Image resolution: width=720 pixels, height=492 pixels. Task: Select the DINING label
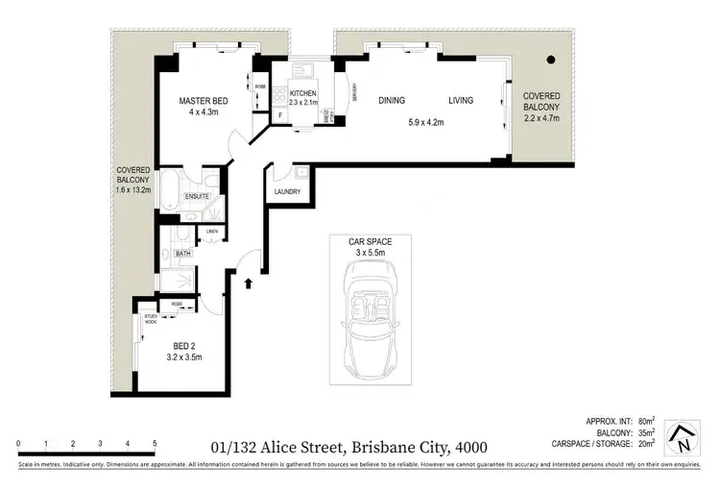click(391, 100)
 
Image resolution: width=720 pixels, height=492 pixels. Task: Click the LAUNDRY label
click(286, 192)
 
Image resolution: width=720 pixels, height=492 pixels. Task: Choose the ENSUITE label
click(199, 196)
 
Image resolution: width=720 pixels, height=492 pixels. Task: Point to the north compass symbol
click(681, 438)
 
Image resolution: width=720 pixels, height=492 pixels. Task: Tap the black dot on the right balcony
click(551, 60)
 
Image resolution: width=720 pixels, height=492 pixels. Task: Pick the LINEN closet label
click(210, 232)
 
